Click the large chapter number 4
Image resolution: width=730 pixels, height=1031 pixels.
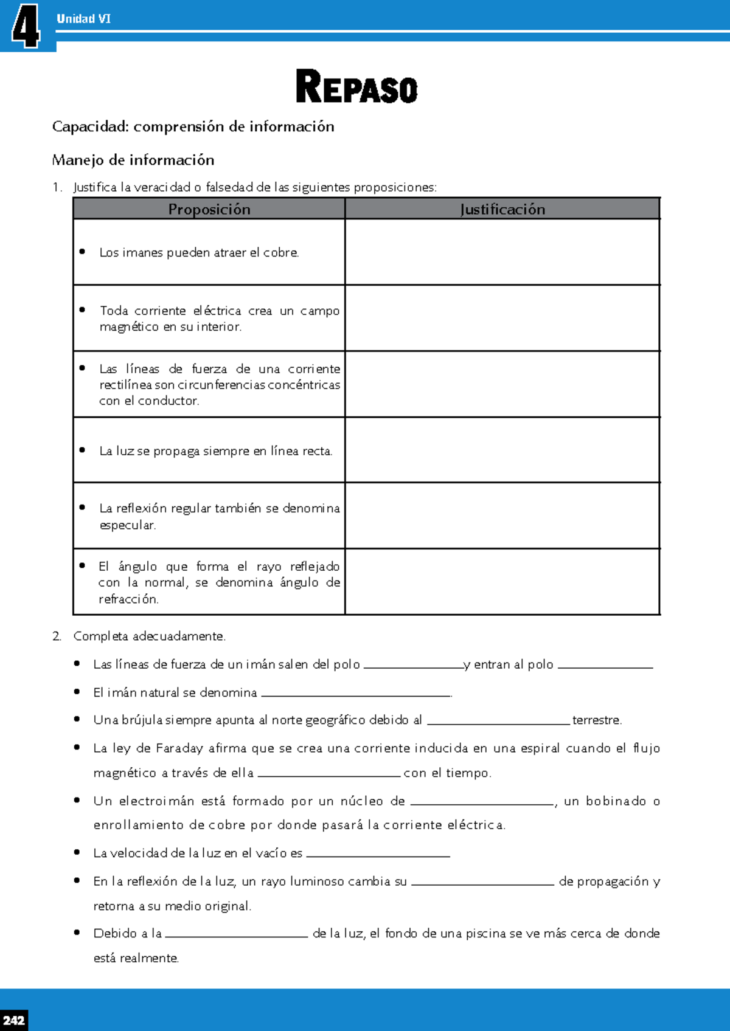click(x=26, y=26)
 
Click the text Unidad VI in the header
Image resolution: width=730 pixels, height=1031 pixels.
click(x=83, y=19)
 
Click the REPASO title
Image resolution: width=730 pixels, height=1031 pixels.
click(x=356, y=87)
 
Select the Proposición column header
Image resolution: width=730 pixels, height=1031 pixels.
click(x=209, y=209)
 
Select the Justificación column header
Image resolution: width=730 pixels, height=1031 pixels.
click(x=502, y=209)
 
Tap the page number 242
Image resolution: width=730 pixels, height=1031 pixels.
click(x=13, y=1020)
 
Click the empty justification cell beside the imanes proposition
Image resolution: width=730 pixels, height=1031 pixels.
click(x=502, y=252)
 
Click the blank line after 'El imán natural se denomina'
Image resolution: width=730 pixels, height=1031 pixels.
click(x=355, y=694)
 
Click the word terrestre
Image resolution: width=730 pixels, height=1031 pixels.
click(x=596, y=720)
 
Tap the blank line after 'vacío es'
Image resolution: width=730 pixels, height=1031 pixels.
click(x=378, y=854)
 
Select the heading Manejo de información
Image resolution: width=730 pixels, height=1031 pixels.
click(x=133, y=160)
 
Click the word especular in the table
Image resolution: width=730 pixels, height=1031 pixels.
click(x=127, y=525)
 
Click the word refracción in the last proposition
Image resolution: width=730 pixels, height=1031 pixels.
click(x=128, y=599)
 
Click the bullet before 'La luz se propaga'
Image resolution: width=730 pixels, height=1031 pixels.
click(x=82, y=450)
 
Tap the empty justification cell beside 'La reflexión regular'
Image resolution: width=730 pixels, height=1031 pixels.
click(x=502, y=515)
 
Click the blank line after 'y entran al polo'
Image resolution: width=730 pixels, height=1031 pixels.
click(x=605, y=666)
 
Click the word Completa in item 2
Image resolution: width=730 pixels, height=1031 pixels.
click(x=100, y=636)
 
